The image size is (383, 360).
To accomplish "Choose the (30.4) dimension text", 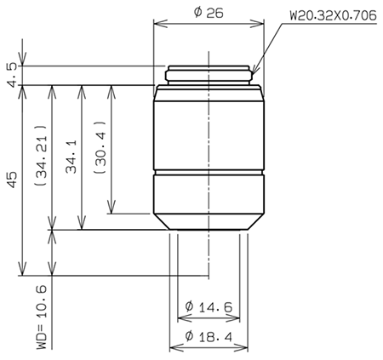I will click(99, 148).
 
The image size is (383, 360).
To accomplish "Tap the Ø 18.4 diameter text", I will click(209, 337).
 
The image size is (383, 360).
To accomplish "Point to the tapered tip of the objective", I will click(209, 220).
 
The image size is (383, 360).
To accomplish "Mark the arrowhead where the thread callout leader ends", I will click(254, 71).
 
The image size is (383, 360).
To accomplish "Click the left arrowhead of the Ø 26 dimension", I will click(157, 26).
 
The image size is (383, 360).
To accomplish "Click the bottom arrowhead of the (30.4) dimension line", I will click(111, 209).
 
